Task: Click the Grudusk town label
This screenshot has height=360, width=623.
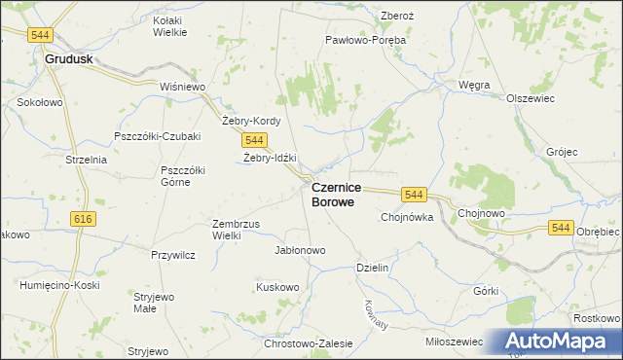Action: point(68,58)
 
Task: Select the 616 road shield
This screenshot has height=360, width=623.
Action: point(83,219)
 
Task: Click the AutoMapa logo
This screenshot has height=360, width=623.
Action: point(555,342)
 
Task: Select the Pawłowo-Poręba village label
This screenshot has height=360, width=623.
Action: point(365,41)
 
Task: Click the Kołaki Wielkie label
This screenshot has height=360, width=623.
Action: point(170,25)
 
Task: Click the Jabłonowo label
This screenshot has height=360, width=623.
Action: point(300,250)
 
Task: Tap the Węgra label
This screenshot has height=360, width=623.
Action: point(474,85)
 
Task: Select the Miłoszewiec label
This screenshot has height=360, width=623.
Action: point(455,342)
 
